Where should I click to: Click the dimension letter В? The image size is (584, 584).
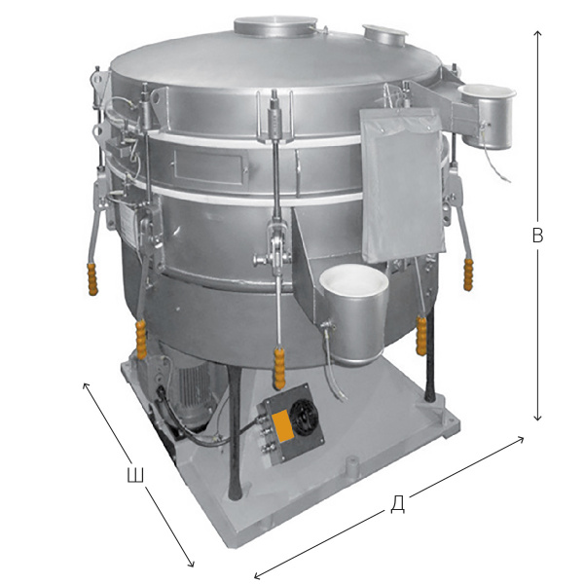click(x=536, y=236)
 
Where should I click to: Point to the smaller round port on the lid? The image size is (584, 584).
click(x=385, y=33)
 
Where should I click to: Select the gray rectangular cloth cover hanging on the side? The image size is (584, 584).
click(x=402, y=180)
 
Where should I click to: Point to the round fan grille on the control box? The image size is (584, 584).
click(x=305, y=409)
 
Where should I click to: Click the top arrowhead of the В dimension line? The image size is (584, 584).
click(x=537, y=32)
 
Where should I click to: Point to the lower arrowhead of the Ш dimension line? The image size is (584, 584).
click(x=192, y=564)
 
